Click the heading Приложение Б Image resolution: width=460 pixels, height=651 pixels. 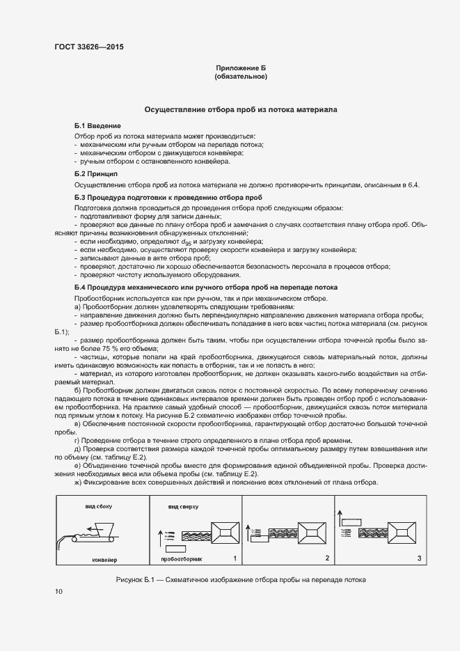[x=241, y=68]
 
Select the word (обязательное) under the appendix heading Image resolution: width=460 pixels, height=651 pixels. [x=241, y=76]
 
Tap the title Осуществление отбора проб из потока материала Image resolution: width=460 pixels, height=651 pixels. [x=241, y=110]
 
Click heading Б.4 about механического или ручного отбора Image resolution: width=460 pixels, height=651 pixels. [x=206, y=288]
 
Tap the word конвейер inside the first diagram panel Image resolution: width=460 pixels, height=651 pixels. [x=105, y=559]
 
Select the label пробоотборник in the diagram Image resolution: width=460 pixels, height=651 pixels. [x=181, y=559]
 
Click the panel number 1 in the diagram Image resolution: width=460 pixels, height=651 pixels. [x=235, y=558]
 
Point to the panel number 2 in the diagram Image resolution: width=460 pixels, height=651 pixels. [x=326, y=558]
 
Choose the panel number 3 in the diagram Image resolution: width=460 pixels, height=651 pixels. [x=418, y=558]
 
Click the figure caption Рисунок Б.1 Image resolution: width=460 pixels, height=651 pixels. [x=241, y=580]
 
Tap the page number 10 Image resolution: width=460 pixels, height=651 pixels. [x=58, y=592]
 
